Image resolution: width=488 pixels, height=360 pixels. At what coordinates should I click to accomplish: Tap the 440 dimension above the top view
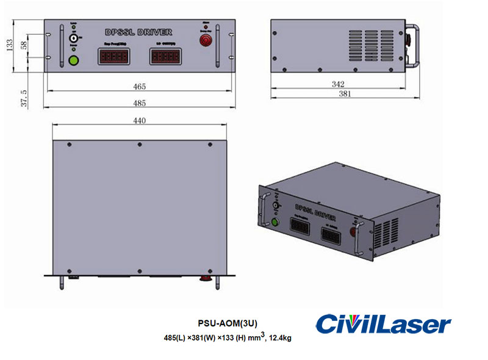[x=140, y=121]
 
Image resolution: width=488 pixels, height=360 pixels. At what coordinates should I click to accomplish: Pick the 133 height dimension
[x=9, y=46]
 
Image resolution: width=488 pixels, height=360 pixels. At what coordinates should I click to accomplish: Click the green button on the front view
[x=74, y=60]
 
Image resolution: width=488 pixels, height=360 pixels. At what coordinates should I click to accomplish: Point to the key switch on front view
[x=74, y=38]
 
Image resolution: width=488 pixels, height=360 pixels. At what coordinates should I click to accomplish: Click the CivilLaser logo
[x=383, y=324]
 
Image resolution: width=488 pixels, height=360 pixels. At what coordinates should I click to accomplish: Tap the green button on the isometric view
[x=274, y=221]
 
